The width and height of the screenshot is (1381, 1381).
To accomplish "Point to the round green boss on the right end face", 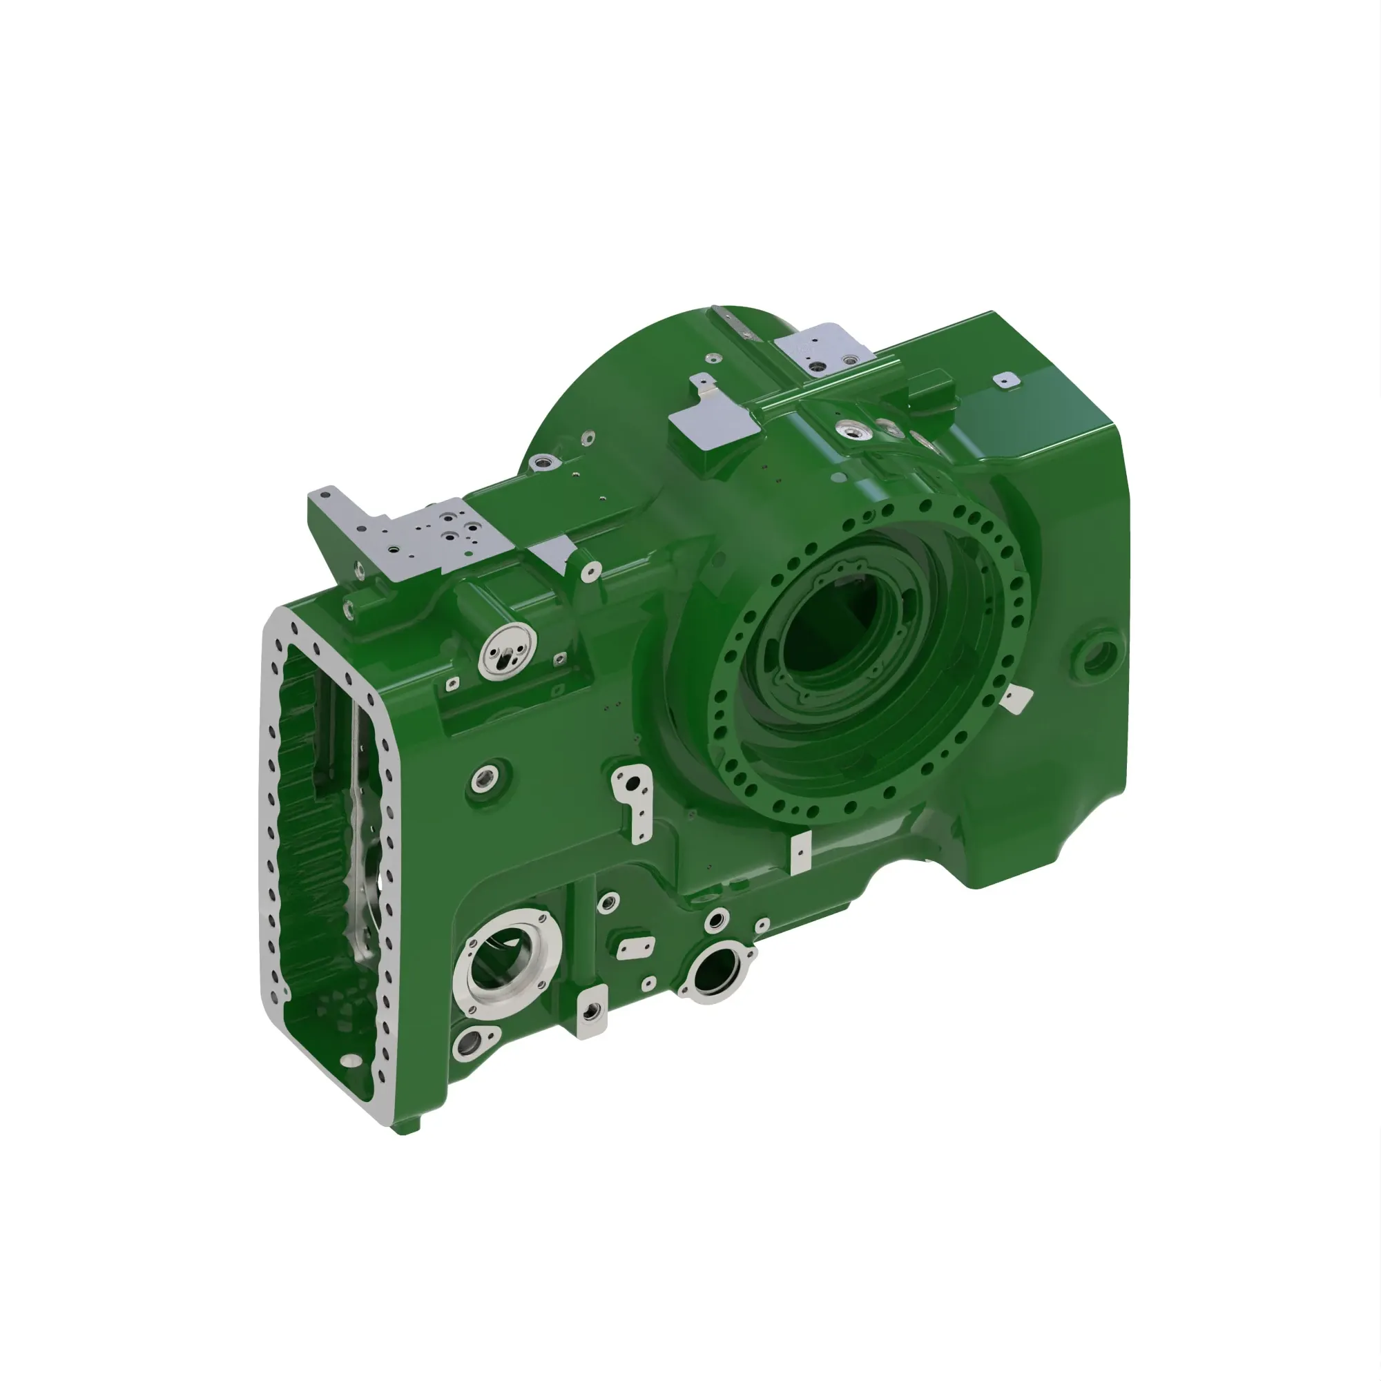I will [1097, 652].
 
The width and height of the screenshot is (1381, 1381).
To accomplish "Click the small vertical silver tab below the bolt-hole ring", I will [801, 852].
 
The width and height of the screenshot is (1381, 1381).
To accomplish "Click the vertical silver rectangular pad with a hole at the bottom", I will [592, 1010].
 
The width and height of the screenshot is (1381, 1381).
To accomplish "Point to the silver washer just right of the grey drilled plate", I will [590, 570].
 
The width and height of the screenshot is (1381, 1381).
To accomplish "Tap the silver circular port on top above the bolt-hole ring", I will [853, 429].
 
